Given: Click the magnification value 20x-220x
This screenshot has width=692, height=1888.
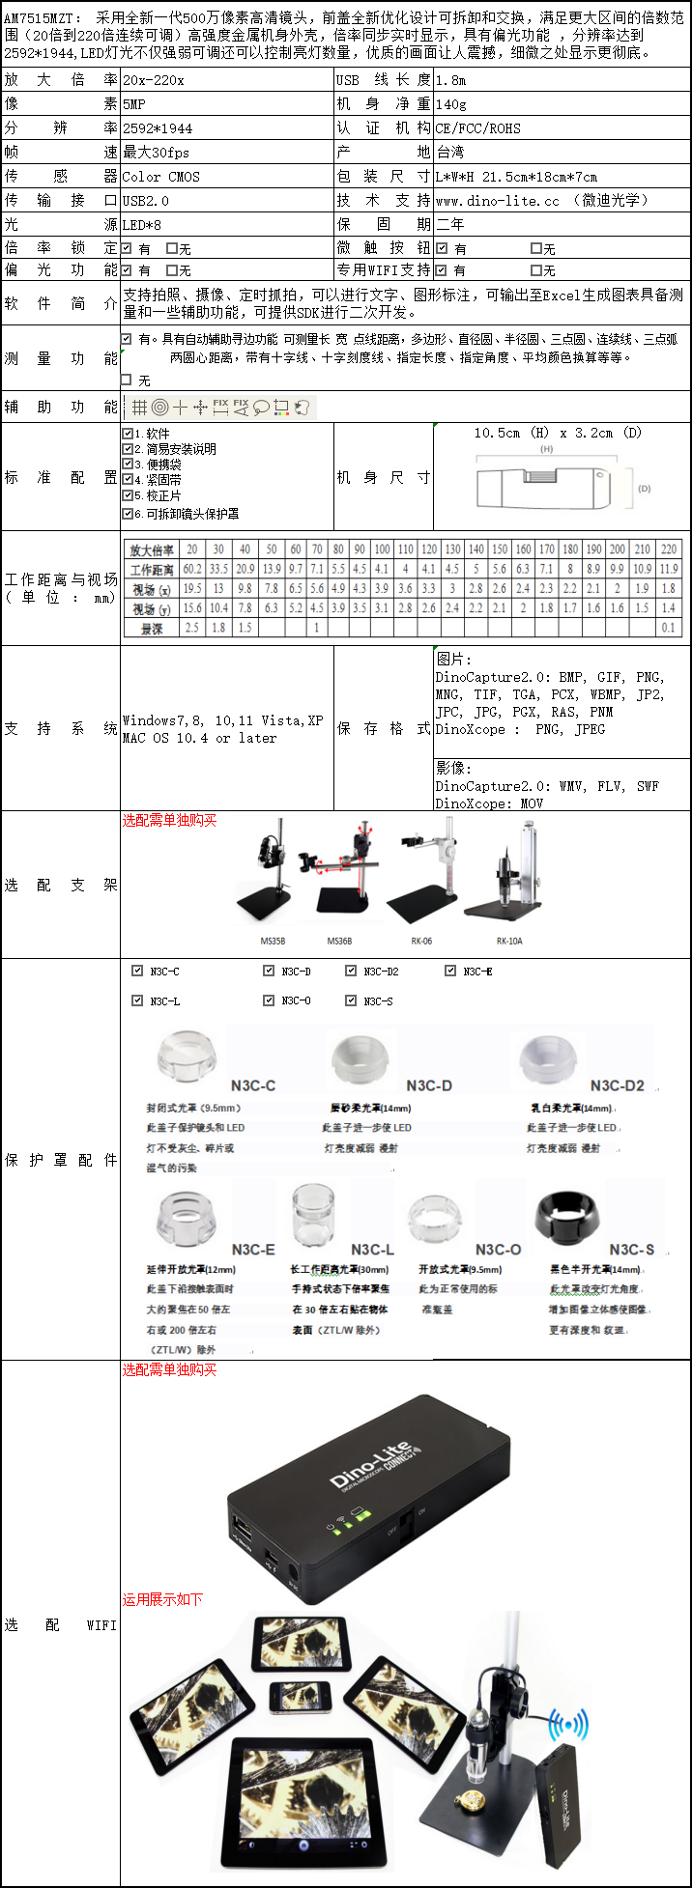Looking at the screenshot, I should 154,80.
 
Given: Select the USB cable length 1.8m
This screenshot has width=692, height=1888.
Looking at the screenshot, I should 450,80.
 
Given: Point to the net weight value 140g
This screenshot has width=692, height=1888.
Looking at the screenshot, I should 450,104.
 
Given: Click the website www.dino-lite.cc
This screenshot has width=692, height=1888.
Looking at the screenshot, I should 497,201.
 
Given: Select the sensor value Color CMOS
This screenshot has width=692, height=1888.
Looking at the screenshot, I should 160,177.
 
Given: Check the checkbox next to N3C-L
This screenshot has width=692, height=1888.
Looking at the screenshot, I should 137,1000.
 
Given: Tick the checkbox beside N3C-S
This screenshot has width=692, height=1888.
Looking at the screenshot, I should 351,1000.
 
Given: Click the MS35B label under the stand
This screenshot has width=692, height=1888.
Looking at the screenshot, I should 273,941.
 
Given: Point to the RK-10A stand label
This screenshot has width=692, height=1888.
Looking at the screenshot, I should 509,941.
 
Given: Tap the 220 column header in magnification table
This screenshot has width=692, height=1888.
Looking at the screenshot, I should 669,549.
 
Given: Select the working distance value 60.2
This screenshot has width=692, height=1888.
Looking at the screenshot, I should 192,569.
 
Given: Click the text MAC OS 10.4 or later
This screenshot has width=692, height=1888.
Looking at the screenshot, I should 200,739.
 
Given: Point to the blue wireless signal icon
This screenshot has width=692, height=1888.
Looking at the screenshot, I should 568,1724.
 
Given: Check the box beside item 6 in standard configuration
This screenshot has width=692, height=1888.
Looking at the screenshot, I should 128,514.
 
